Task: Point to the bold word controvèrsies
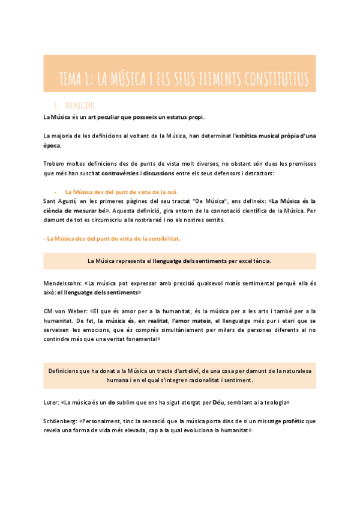coord(122,173)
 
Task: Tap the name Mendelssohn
coord(62,283)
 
